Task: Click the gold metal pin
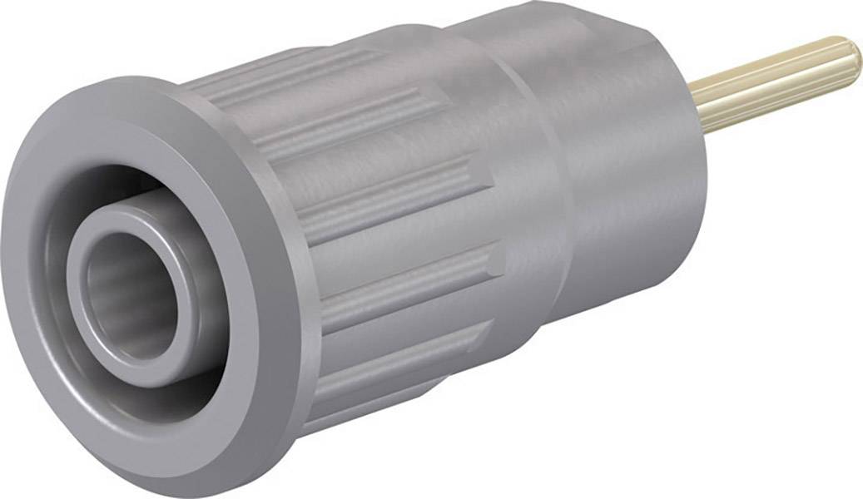point(774,83)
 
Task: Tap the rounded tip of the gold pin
point(854,57)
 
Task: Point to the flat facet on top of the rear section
point(566,33)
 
